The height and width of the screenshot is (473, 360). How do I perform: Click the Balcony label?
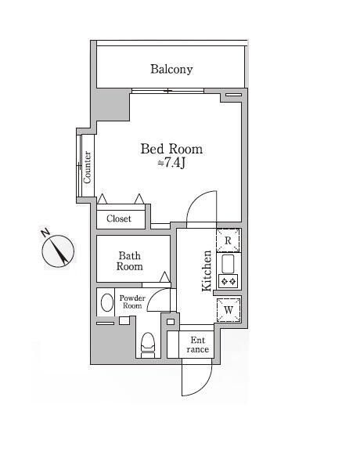coord(171,70)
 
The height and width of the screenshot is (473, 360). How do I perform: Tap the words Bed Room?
coord(171,149)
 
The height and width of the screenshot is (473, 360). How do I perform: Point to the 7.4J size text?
coord(171,163)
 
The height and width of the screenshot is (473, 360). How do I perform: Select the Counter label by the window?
coord(87,168)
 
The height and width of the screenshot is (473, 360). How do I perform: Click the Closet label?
coord(119,218)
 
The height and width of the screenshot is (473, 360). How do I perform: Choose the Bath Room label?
coord(130,262)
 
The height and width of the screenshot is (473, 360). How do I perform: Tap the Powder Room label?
coord(132,301)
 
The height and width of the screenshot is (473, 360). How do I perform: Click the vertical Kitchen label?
coord(207,271)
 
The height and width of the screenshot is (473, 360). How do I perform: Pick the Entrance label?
coord(197,345)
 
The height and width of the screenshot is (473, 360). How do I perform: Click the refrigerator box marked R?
coord(229,240)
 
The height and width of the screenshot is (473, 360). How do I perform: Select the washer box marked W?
coord(229,310)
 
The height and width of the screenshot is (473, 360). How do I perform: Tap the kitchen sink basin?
coord(228,264)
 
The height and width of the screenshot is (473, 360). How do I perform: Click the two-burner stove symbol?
coord(229,281)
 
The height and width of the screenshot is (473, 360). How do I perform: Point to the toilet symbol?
coord(148,345)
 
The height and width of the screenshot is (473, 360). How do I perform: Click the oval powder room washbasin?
coord(107,302)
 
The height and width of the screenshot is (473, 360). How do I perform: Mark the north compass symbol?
coord(58,251)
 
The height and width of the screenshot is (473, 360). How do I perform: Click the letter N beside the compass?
coord(45,233)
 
